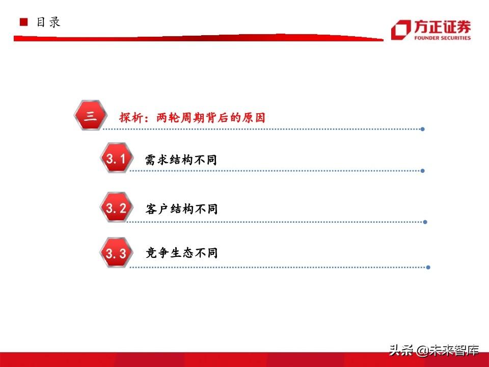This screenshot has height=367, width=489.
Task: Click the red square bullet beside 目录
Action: [x=24, y=22]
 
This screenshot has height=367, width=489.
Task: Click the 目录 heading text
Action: [x=48, y=22]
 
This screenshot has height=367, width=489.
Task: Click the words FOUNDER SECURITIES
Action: [x=442, y=38]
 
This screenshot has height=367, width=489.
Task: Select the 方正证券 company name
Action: [x=442, y=27]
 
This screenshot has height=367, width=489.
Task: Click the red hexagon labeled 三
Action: [x=91, y=115]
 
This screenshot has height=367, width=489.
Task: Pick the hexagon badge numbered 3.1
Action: [x=116, y=158]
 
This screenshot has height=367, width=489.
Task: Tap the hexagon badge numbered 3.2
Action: [x=116, y=207]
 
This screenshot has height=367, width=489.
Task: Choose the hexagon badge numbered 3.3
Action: [x=116, y=252]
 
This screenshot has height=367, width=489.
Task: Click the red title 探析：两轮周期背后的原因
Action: [x=192, y=118]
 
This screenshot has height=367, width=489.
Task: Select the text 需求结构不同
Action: [x=181, y=160]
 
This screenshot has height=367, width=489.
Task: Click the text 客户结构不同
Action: [x=181, y=209]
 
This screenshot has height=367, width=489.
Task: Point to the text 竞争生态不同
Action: [x=181, y=252]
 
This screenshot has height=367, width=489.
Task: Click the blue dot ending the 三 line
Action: [x=423, y=129]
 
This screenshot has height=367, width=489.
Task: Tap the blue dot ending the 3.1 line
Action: [x=423, y=171]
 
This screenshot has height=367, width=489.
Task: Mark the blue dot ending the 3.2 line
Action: [x=425, y=222]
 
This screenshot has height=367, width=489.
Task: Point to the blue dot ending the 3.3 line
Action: [x=428, y=267]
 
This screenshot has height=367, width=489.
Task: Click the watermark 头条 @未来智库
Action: [x=434, y=350]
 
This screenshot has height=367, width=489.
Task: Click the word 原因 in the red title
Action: [x=254, y=118]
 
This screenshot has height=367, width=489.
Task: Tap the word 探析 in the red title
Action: [x=131, y=118]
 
